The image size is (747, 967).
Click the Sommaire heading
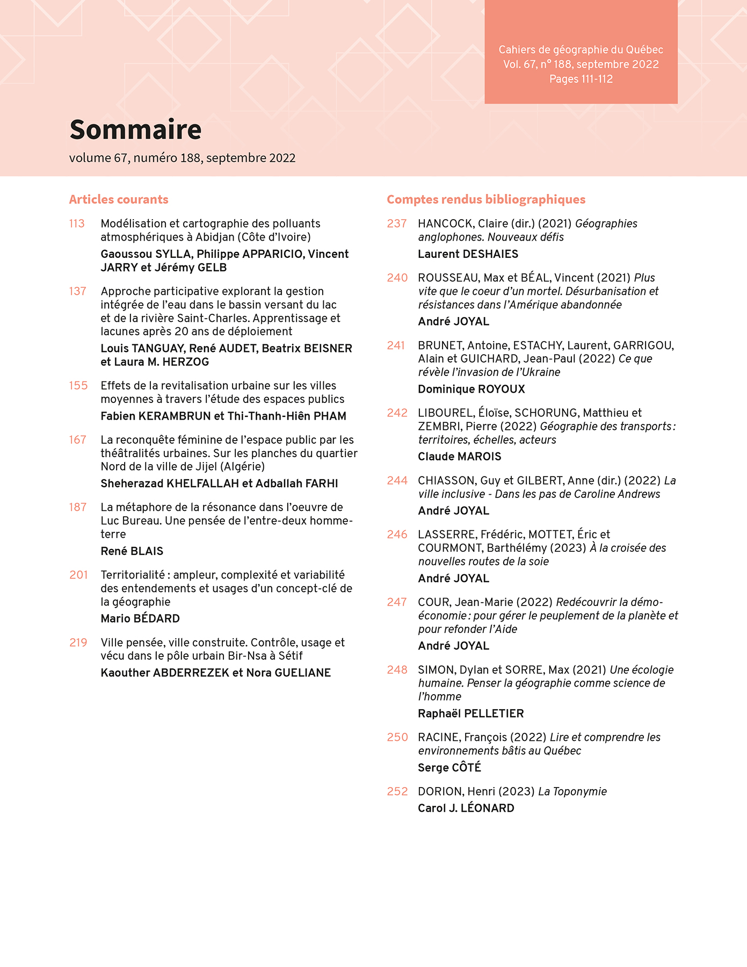pos(135,129)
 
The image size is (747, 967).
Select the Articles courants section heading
pos(119,199)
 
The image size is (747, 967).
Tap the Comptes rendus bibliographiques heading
pos(486,199)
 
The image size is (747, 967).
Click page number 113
pos(77,223)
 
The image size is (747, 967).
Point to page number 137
pos(77,291)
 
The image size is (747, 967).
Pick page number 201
pos(78,575)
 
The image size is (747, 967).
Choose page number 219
pos(78,643)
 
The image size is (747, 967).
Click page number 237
pos(397,223)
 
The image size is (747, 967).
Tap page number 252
pos(397,791)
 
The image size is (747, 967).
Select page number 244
pos(397,480)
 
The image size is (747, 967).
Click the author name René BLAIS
pos(132,551)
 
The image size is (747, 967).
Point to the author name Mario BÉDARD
pos(140,619)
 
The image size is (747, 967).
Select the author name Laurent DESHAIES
pos(468,254)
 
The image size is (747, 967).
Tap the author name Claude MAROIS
pos(459,457)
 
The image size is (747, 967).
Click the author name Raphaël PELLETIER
pos(470,713)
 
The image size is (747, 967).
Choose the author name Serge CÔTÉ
pos(449,768)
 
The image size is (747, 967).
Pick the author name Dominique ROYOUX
pos(471,389)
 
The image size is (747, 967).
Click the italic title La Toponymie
pos(572,791)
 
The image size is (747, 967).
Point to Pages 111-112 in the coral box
pos(581,79)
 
